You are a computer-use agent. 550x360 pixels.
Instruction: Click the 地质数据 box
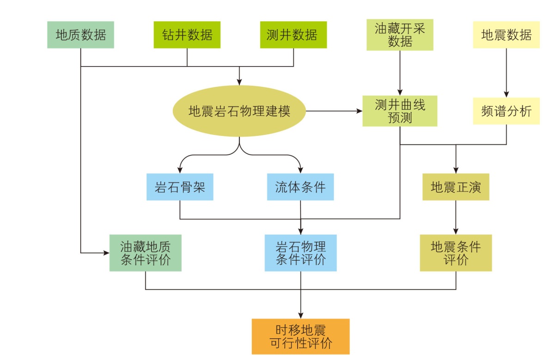(80, 35)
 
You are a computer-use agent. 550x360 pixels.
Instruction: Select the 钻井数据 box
(187, 35)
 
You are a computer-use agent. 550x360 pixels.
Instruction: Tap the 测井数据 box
(293, 35)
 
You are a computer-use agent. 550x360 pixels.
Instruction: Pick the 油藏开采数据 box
(400, 35)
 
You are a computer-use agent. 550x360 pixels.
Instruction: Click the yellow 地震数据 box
(506, 35)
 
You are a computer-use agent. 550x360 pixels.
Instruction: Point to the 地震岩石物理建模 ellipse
(239, 111)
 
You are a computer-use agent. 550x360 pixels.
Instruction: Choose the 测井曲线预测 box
(400, 111)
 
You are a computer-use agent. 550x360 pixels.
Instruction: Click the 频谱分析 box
(506, 111)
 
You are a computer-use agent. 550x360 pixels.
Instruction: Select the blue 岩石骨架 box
(180, 187)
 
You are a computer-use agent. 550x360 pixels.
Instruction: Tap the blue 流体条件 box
(300, 187)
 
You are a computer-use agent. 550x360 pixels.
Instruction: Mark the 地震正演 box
(456, 187)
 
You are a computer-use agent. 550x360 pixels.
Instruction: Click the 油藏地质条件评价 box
(145, 253)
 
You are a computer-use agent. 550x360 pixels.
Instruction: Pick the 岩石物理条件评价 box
(300, 253)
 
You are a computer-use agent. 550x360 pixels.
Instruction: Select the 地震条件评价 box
(456, 253)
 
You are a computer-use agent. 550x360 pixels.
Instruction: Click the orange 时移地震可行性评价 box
(300, 336)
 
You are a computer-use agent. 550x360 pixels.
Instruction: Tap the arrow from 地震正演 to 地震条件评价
(456, 217)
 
